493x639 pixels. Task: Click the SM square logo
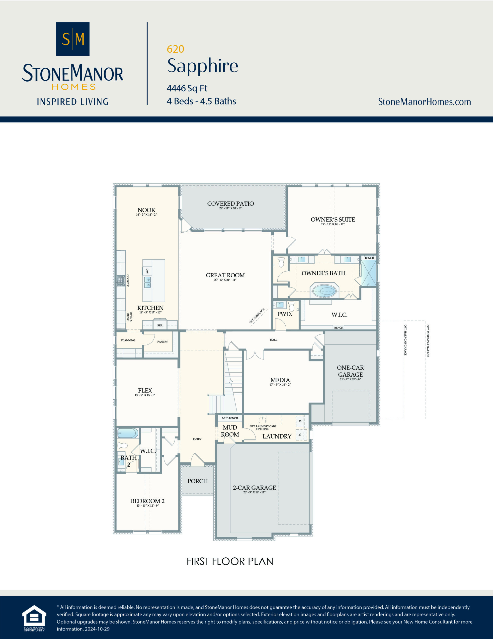point(73,39)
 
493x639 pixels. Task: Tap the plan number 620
point(175,49)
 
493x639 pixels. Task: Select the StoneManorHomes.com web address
point(424,102)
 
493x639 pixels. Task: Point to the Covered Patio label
point(230,204)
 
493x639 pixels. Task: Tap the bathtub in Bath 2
point(128,433)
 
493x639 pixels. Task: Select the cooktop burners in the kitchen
point(121,281)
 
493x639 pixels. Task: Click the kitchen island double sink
point(148,282)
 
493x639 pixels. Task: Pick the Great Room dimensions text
point(225,280)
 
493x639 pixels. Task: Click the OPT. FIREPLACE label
point(257,316)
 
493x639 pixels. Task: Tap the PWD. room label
point(284,314)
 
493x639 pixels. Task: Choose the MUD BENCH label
point(230,418)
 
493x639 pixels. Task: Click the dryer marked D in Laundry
point(300,421)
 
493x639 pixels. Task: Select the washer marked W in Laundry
point(300,435)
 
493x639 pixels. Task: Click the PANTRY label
point(163,341)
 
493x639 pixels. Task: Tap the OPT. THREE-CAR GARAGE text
point(427,341)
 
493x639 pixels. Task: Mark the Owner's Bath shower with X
point(369,273)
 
